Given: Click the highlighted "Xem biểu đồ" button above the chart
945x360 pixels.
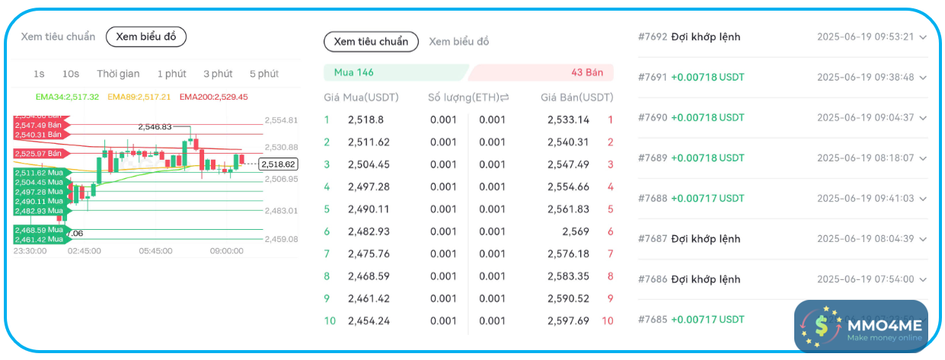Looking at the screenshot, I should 145,37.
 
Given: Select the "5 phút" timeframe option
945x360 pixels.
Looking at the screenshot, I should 263,74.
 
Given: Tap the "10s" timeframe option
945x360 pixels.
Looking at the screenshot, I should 71,74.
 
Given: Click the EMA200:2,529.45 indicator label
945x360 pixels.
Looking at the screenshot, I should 213,97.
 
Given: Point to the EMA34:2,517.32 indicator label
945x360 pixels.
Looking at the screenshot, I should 67,97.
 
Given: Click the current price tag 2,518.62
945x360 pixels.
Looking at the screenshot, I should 278,164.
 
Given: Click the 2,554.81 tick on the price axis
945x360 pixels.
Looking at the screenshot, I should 281,120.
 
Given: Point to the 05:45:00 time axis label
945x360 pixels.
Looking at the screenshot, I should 155,250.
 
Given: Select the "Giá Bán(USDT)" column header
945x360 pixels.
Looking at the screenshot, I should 576,97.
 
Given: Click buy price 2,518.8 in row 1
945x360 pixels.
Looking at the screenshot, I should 366,119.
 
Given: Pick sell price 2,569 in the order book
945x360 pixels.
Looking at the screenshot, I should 575,231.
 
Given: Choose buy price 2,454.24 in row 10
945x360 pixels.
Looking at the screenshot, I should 369,321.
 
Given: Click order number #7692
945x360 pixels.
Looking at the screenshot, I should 652,37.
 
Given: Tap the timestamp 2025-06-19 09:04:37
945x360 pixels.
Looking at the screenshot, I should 865,117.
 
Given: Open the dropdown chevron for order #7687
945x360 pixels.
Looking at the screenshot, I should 923,239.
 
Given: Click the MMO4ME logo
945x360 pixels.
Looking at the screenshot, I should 861,327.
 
